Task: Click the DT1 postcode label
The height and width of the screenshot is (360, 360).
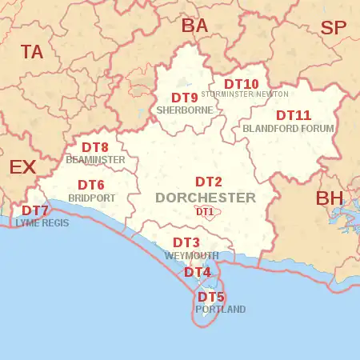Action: (205, 211)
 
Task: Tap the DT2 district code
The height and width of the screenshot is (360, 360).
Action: (209, 182)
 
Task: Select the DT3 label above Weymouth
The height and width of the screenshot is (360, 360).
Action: (186, 242)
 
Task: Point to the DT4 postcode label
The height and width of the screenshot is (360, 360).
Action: (198, 272)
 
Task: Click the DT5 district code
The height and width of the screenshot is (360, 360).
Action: (211, 297)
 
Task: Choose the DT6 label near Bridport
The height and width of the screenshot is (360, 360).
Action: (91, 185)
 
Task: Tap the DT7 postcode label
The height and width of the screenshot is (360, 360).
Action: (34, 211)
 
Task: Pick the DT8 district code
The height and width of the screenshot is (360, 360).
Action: (95, 147)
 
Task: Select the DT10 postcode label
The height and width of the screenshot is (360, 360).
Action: (241, 83)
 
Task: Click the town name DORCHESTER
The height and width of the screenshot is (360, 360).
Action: (206, 198)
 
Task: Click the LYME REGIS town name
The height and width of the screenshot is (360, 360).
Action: (42, 223)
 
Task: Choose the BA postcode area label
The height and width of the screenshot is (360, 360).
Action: (194, 26)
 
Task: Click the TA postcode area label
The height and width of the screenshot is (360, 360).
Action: (32, 53)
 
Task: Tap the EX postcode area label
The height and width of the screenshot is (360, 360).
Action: (22, 167)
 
